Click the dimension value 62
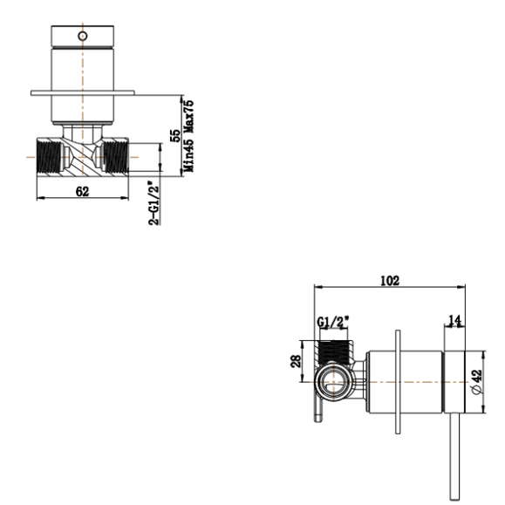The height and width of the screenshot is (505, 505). click(x=82, y=192)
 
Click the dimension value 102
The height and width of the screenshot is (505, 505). click(x=389, y=281)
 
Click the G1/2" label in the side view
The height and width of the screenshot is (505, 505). click(x=331, y=323)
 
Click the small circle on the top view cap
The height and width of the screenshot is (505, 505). click(x=82, y=37)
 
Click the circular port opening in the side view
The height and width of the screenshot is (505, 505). click(x=332, y=381)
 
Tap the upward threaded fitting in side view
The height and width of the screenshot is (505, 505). click(x=335, y=353)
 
